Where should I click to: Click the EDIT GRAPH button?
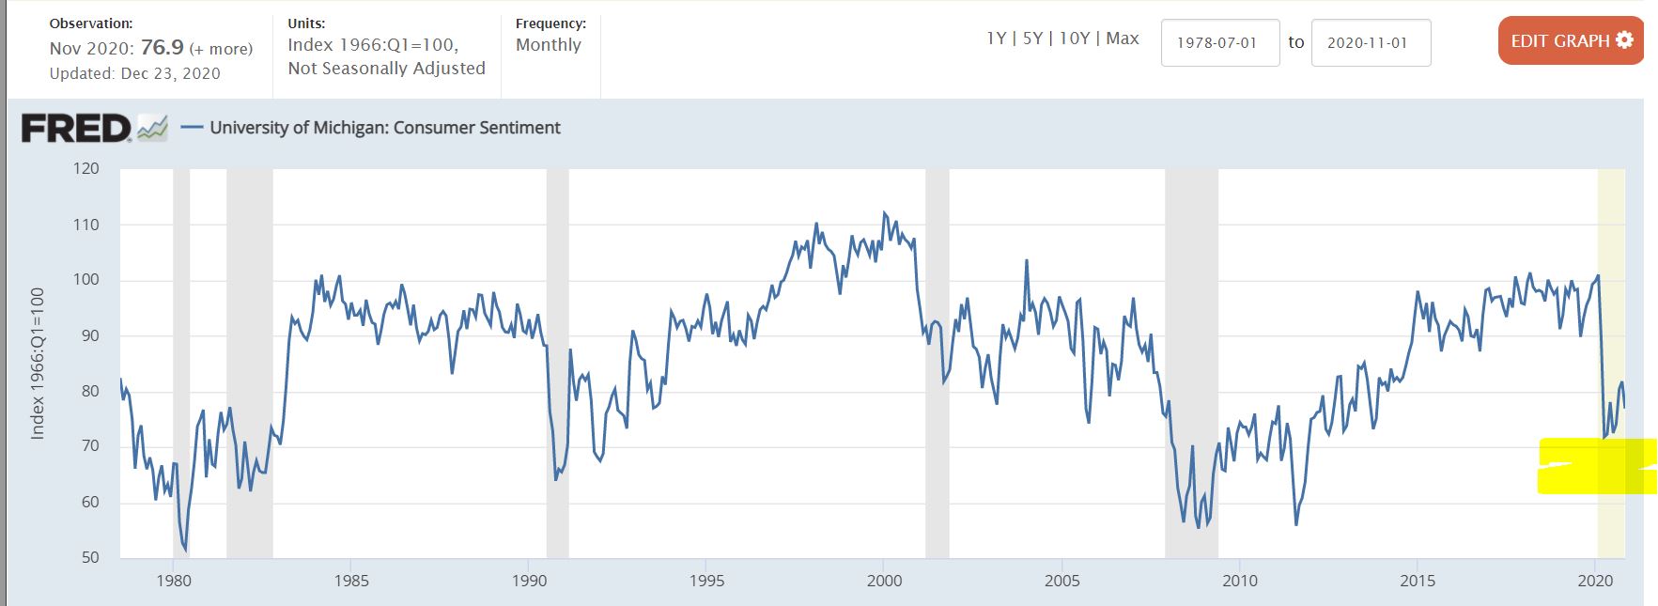pos(1571,41)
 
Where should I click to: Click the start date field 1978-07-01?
pos(1219,43)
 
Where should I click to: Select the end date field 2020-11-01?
pos(1370,43)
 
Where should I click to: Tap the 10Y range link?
pos(1074,39)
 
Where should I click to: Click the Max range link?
pos(1123,39)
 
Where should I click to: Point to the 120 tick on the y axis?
pos(85,169)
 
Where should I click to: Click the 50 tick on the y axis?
pos(89,557)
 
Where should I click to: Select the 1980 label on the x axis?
pos(174,581)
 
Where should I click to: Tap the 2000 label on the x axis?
pos(884,581)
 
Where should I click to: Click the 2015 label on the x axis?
pos(1418,581)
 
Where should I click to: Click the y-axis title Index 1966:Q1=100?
pos(38,363)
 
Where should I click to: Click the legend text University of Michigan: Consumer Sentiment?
pos(385,128)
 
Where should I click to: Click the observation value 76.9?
pos(162,48)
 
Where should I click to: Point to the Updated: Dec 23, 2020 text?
pos(135,73)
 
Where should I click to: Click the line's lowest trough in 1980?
pos(185,550)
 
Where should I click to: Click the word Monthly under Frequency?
pos(549,45)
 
